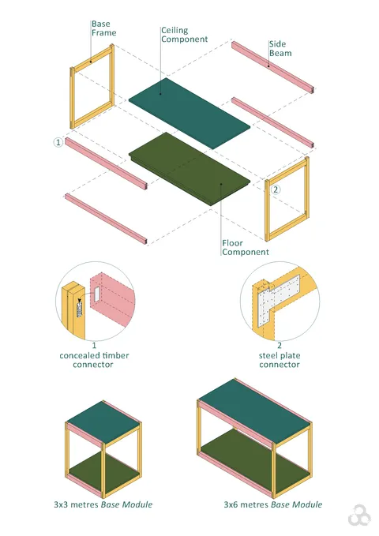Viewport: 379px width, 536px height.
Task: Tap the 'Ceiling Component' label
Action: pyautogui.click(x=184, y=35)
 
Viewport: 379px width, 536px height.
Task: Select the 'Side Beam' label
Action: pyautogui.click(x=280, y=49)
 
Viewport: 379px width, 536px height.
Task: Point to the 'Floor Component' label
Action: pyautogui.click(x=245, y=247)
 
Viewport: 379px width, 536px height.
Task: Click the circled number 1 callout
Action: pyautogui.click(x=58, y=143)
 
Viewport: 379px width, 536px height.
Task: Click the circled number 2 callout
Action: pyautogui.click(x=276, y=189)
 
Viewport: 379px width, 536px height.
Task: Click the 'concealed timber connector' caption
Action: pyautogui.click(x=94, y=355)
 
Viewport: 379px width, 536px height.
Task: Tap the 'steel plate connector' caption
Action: pyautogui.click(x=280, y=360)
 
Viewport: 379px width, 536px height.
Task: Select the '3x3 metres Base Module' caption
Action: pyautogui.click(x=103, y=504)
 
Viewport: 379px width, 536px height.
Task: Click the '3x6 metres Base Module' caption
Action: pyautogui.click(x=272, y=504)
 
